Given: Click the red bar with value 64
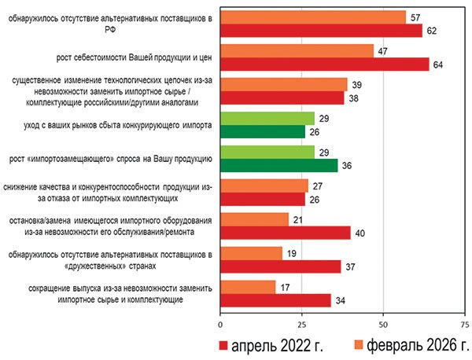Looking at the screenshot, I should [324, 64].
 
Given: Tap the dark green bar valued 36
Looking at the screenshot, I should [278, 166].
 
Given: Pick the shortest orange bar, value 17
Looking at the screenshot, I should [248, 287].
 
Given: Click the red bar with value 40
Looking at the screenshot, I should [285, 233].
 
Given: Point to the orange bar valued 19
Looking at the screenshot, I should [251, 253].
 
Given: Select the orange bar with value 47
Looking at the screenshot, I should [297, 51].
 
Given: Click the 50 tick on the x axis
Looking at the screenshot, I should [382, 323].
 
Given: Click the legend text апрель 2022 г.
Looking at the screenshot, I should [278, 346].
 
